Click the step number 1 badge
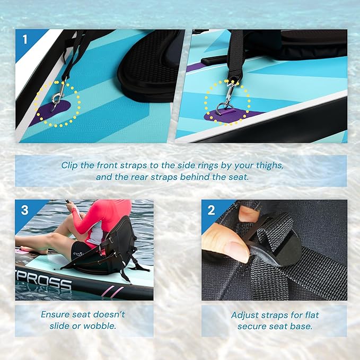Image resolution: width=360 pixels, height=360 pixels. pyautogui.click(x=24, y=39)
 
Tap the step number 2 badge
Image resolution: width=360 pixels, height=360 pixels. pyautogui.click(x=211, y=210)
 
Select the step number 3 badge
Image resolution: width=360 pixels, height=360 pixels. pyautogui.click(x=24, y=210)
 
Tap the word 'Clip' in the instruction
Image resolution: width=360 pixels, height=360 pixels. pyautogui.click(x=71, y=165)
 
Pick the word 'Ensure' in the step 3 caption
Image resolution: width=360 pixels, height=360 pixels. pyautogui.click(x=56, y=314)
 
